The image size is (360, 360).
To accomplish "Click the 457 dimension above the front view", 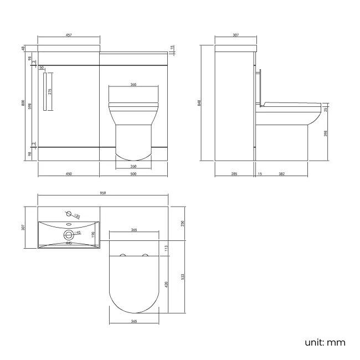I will point(68,35).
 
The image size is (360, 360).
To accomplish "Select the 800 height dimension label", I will point(23,104).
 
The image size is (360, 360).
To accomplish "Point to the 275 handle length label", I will point(50,92).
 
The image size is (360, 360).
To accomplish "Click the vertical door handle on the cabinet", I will point(43,92).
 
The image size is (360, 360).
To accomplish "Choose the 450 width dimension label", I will point(69,174).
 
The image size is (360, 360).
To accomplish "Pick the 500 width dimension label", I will point(133,174).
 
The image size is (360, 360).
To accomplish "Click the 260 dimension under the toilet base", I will point(133,166).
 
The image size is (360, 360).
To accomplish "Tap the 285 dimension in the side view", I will point(234,174).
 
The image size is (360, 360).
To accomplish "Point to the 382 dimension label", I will point(281,174).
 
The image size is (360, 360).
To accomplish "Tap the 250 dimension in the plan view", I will point(183,223).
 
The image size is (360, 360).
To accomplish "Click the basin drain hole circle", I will point(69,233).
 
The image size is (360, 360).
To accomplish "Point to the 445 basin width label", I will point(69,243).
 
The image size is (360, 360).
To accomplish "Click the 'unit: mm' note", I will point(326,342).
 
